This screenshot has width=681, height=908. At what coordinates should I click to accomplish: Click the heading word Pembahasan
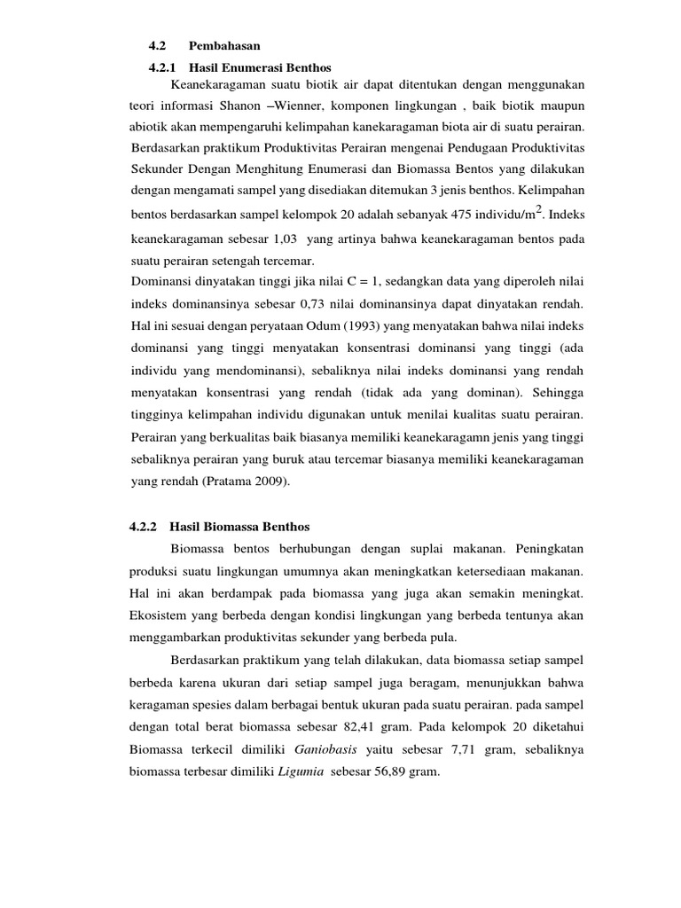[x=225, y=44]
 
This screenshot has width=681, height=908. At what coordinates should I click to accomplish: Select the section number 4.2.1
[x=163, y=67]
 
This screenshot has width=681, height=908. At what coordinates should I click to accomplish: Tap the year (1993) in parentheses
[x=372, y=325]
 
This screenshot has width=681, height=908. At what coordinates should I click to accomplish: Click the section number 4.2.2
[x=143, y=526]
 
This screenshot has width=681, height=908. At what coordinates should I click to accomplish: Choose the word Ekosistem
[x=160, y=614]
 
